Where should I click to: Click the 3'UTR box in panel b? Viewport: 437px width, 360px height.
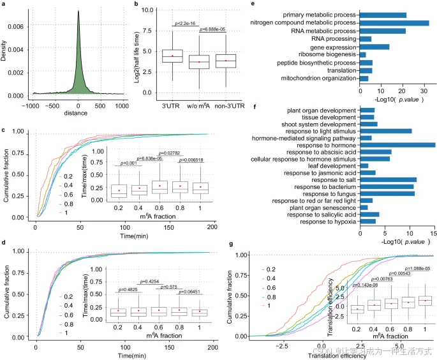click(x=172, y=56)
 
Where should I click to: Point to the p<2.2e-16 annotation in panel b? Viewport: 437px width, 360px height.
click(x=186, y=24)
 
